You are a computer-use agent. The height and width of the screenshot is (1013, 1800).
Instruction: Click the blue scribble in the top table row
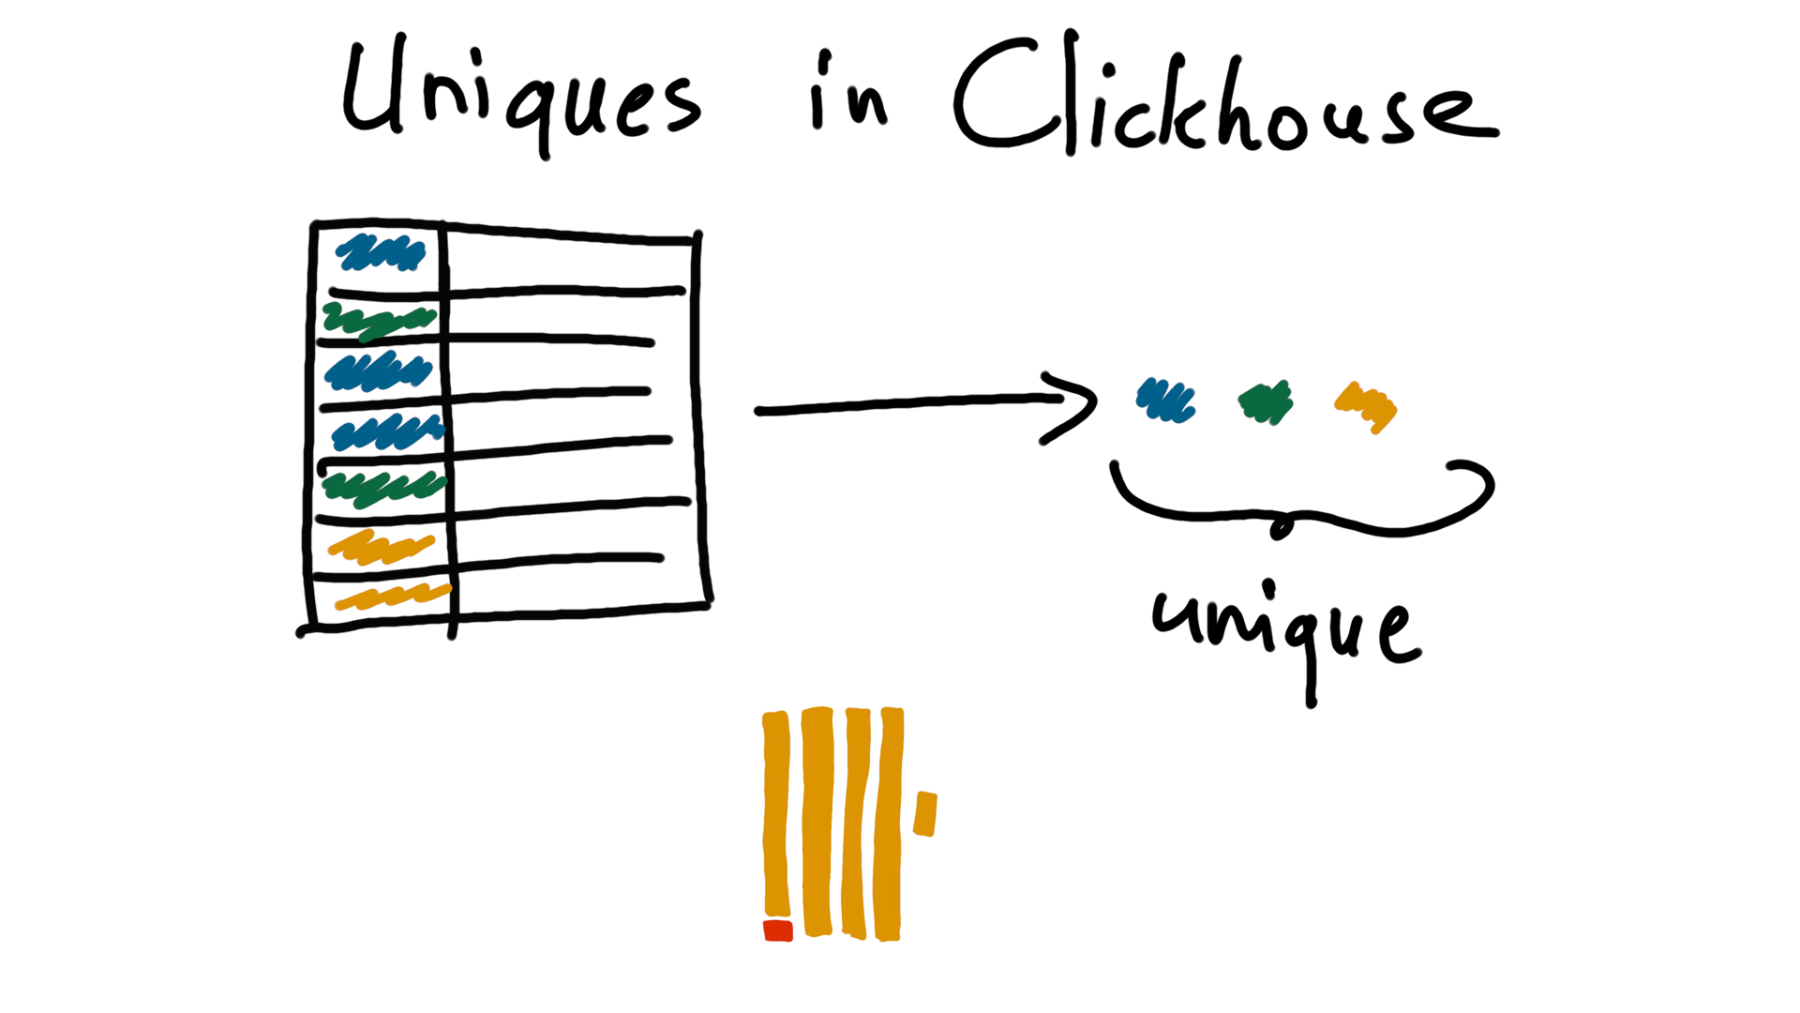tap(381, 252)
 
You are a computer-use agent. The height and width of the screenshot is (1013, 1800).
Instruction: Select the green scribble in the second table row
tap(379, 320)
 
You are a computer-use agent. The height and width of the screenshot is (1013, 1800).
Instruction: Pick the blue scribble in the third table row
tap(378, 371)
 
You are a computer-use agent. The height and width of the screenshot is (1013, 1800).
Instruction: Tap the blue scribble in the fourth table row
tap(387, 432)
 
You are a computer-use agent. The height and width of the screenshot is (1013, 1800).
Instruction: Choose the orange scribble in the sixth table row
tap(380, 548)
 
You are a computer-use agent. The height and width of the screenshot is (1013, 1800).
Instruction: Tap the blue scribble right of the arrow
tap(1165, 401)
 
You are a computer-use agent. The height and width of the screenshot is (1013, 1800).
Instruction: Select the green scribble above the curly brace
tap(1266, 402)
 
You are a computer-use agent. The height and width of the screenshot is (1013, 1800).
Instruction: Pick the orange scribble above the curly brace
tap(1366, 406)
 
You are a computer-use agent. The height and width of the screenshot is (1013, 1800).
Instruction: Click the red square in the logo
tap(778, 930)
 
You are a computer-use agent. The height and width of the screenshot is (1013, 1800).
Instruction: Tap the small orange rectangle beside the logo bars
tap(925, 813)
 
